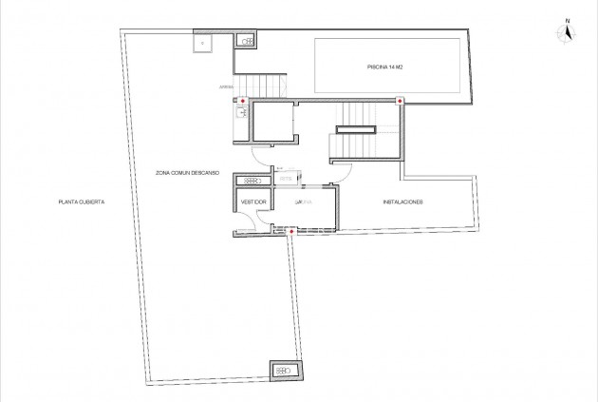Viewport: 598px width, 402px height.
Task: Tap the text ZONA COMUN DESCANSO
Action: point(188,173)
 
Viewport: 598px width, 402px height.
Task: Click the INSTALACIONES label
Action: point(402,203)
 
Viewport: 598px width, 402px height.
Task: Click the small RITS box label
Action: point(285,177)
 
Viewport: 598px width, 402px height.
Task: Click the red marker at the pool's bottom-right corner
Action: point(400,101)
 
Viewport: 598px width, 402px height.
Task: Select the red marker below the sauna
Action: point(291,230)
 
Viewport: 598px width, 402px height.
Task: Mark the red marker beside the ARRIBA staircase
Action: point(243,100)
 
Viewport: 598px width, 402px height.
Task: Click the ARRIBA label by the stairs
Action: point(227,87)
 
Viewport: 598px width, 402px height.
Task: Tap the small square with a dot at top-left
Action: point(202,41)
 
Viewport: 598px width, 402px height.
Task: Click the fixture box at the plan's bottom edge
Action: point(284,370)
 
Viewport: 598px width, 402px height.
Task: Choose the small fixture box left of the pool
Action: point(246,41)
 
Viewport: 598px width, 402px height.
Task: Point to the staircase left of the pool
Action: point(260,86)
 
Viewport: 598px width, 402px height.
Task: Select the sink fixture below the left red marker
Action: point(241,113)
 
